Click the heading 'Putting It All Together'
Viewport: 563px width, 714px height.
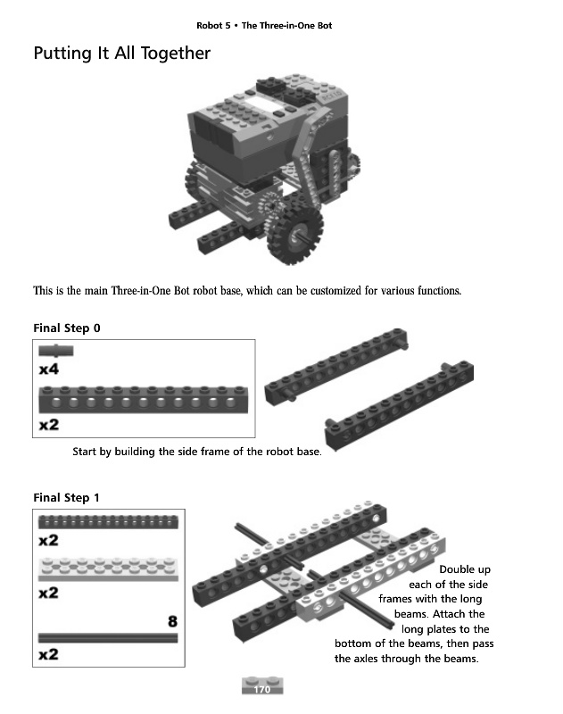click(x=121, y=54)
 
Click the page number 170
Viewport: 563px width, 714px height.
click(x=261, y=690)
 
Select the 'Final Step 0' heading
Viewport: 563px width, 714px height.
click(x=67, y=328)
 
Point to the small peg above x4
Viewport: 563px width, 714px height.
click(x=56, y=351)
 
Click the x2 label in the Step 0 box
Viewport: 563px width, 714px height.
click(x=48, y=425)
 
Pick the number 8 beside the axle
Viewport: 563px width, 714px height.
click(x=172, y=620)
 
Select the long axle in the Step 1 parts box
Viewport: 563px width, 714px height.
click(x=107, y=637)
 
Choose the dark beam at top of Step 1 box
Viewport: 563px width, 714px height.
click(x=107, y=522)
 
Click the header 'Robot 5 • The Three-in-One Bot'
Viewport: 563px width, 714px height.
click(x=264, y=25)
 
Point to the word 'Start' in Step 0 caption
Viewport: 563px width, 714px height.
click(x=85, y=452)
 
